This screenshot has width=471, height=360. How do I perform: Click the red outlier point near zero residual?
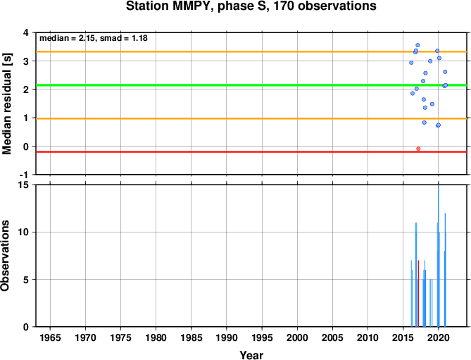click(418, 149)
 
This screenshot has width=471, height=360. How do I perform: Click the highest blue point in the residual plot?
click(417, 45)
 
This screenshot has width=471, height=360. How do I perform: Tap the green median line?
click(251, 85)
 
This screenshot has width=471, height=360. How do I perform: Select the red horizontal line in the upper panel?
click(251, 151)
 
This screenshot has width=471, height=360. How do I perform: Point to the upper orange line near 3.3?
click(251, 51)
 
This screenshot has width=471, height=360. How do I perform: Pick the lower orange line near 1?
click(251, 118)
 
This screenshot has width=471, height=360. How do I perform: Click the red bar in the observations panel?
click(418, 293)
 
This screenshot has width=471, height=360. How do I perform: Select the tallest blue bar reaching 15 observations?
click(439, 256)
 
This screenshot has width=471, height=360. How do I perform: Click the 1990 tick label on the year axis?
click(227, 337)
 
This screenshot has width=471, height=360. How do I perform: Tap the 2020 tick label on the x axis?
click(439, 337)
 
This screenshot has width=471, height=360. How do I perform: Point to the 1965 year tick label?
click(50, 337)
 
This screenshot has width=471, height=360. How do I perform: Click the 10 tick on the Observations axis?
click(27, 232)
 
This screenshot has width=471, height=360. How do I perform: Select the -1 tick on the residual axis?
click(27, 175)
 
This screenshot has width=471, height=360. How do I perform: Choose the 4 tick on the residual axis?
click(29, 32)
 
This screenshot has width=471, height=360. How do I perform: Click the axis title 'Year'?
click(251, 355)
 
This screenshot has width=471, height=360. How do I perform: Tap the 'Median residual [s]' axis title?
click(6, 104)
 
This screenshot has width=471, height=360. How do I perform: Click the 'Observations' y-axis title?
click(6, 256)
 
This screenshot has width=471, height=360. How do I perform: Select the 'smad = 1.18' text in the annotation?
click(124, 38)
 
